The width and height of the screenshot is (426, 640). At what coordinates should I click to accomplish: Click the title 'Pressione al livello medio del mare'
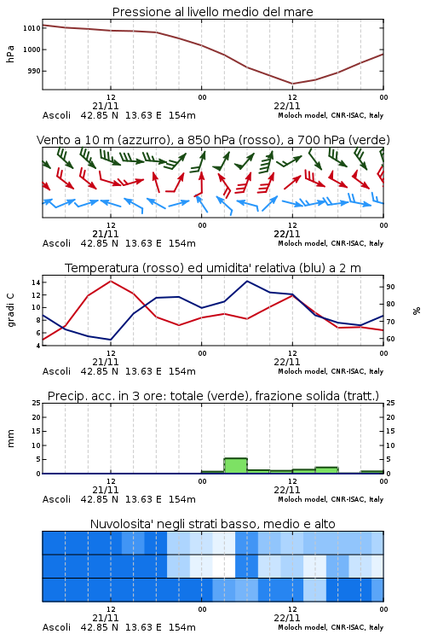212,12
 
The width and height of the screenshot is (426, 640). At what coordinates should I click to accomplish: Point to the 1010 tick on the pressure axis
32,28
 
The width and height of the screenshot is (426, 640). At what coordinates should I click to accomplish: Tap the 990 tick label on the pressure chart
34,71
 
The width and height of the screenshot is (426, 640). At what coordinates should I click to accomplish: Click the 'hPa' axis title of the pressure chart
10,54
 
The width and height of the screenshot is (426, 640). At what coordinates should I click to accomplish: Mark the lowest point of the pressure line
292,84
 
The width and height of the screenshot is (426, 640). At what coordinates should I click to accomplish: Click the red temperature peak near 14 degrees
111,281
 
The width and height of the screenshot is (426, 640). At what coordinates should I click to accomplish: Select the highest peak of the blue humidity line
247,281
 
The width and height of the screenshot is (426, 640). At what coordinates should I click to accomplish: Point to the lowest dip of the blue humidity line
111,340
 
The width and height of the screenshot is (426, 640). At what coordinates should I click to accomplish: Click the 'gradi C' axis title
11,311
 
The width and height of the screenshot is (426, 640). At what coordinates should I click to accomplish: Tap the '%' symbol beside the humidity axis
417,311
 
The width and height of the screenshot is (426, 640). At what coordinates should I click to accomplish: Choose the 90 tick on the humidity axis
390,287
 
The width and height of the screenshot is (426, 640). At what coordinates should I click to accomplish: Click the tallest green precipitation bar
236,466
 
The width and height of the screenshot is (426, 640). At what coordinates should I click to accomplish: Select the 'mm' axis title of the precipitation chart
11,439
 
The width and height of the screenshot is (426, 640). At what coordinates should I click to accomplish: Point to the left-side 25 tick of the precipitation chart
37,404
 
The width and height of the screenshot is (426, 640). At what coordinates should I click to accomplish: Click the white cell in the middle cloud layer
224,566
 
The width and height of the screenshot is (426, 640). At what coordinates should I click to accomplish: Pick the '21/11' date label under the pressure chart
106,106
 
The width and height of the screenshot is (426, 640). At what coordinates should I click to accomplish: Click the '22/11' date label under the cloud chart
287,618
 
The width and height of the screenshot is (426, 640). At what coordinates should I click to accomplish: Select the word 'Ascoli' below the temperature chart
57,371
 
